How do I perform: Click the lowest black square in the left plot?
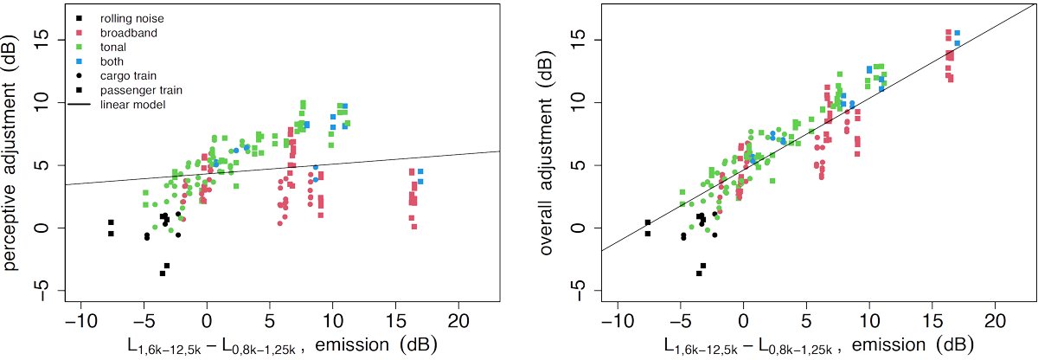point(162,273)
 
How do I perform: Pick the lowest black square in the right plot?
point(698,273)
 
